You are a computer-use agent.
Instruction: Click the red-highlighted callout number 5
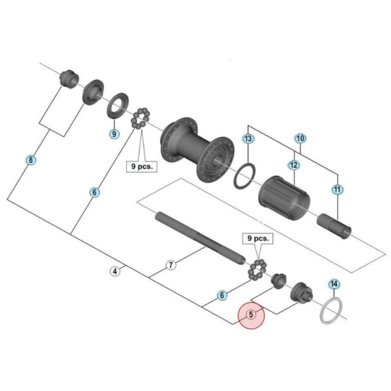(251, 314)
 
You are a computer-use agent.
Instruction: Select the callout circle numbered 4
(115, 272)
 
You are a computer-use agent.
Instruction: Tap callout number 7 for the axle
(170, 265)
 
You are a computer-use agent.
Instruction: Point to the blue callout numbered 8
(30, 160)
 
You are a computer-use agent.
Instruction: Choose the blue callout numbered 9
(114, 134)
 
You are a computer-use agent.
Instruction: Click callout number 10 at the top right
(300, 138)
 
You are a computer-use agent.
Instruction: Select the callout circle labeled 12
(293, 165)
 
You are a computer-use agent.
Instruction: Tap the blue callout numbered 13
(248, 139)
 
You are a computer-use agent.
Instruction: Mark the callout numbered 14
(334, 284)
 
